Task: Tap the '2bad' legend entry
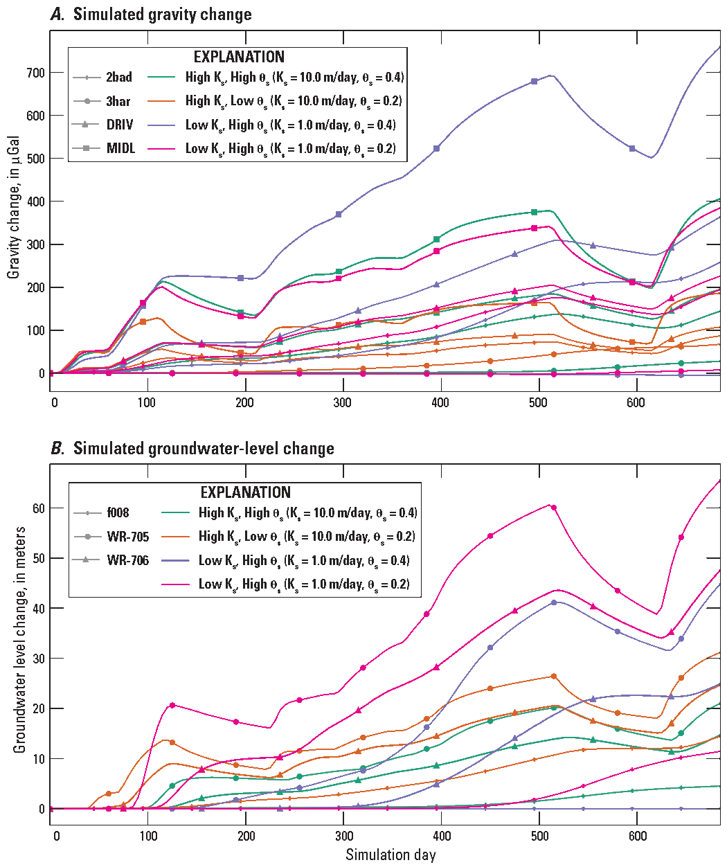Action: [x=118, y=77]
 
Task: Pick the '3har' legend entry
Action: [x=118, y=101]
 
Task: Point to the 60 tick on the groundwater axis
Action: [x=38, y=508]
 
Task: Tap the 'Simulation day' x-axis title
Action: [x=391, y=855]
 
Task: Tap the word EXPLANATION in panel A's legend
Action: [x=238, y=57]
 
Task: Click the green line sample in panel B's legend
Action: [x=177, y=513]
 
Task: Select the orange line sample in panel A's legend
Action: [x=163, y=101]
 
